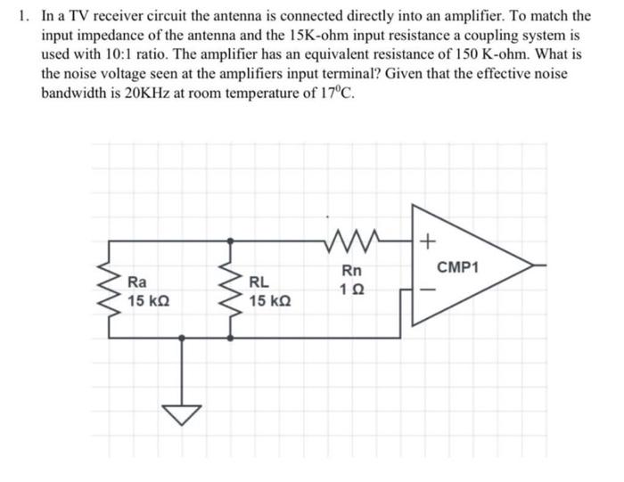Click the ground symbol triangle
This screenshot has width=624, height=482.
182,414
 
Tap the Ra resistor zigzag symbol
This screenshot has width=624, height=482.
109,290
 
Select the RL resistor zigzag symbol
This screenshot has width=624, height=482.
230,290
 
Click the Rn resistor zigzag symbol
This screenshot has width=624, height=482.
352,240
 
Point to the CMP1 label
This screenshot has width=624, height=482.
457,267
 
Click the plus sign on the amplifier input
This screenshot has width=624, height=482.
427,241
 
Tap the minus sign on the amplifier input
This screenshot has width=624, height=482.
428,290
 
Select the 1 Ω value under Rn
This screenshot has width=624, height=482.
352,290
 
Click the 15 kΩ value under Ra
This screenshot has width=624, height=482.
149,301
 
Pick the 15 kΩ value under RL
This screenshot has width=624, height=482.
270,301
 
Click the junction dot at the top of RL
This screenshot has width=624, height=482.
230,241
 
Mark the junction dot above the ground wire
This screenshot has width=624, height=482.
182,338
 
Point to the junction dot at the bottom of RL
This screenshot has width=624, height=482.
230,338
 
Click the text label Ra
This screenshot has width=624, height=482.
137,282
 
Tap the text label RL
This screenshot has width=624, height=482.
259,282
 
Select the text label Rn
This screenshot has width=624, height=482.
352,271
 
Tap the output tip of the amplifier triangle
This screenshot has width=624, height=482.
532,266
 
